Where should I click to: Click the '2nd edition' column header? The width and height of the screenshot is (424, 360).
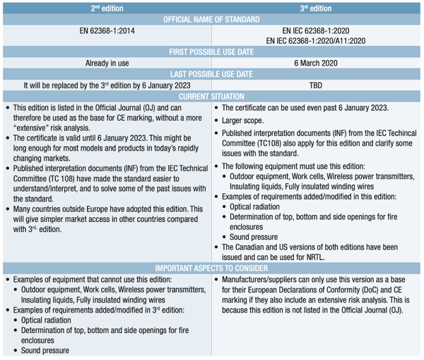point(105,7)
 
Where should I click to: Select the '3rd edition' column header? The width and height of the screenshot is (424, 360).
point(316,7)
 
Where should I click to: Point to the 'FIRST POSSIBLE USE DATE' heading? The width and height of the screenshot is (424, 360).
point(211,52)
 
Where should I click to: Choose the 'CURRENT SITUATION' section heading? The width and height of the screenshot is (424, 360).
point(211,96)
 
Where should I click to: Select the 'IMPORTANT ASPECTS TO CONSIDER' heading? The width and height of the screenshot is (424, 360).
point(211,269)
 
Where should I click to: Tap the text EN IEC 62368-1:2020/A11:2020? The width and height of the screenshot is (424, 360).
point(316,41)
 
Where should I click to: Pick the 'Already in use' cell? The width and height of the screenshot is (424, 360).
point(105,64)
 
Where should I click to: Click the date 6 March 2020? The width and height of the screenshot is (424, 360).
point(316,64)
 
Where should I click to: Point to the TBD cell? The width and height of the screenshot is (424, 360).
point(316,86)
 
